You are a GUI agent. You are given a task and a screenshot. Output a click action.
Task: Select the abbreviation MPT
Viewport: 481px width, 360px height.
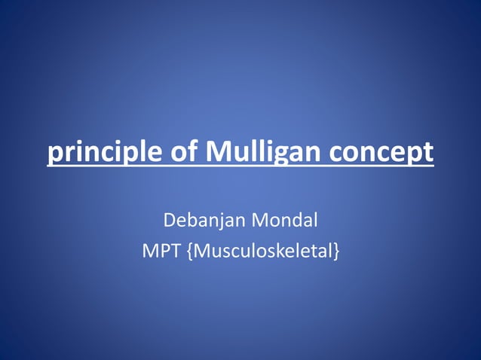click(160, 252)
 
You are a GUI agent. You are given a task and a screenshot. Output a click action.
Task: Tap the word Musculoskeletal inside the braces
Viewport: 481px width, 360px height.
click(261, 252)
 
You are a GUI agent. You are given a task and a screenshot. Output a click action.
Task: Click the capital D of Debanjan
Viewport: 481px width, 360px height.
click(170, 221)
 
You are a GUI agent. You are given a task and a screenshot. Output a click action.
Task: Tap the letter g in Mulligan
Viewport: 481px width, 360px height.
click(281, 155)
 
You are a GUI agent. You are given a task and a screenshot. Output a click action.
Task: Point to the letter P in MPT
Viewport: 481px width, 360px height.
click(161, 252)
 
